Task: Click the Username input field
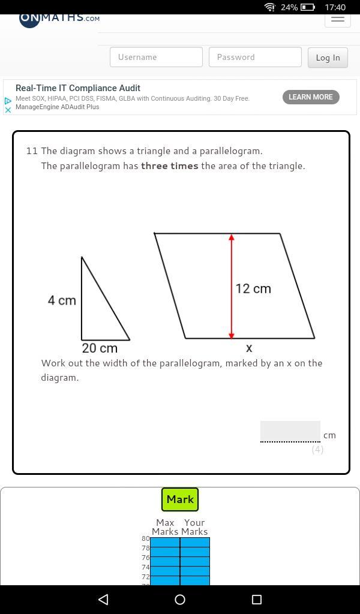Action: coord(157,57)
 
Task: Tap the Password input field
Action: coord(256,57)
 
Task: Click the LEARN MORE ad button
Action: coord(311,97)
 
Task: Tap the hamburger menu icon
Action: coord(338,19)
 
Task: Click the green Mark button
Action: coord(180,499)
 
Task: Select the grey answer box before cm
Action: coord(290,431)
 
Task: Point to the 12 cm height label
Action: coord(253,289)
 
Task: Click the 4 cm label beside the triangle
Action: coord(62,301)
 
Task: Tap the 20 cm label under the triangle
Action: coord(100,348)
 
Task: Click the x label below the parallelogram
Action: coord(249,348)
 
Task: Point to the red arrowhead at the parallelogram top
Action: coord(232,237)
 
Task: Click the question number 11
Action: coord(31,151)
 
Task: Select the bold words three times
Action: coord(170,166)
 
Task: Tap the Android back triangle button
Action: coord(103,599)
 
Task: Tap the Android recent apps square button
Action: coord(257,599)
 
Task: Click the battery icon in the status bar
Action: coord(308,7)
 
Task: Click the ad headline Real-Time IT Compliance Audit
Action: coord(78,88)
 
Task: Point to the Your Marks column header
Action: coord(194,527)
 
